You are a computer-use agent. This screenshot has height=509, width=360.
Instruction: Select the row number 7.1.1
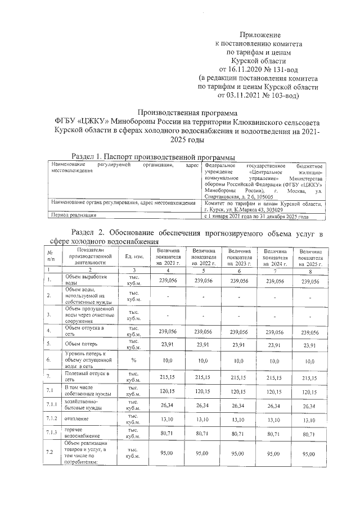(51, 405)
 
